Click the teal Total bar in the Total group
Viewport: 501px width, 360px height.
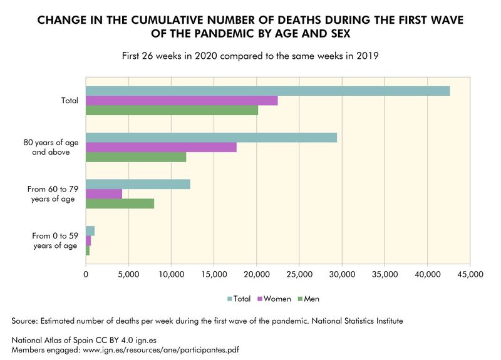267,91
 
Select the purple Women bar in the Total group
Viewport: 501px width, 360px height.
182,101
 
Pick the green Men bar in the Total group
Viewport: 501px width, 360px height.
172,110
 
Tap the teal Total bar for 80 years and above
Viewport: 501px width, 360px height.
211,138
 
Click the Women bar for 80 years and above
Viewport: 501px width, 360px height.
161,147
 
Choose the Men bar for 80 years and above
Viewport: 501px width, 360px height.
136,157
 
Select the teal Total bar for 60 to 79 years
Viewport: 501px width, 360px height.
138,184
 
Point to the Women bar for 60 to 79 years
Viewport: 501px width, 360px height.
104,194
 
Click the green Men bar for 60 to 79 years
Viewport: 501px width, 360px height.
120,203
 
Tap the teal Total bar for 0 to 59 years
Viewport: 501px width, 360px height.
90,231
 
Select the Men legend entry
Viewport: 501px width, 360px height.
310,299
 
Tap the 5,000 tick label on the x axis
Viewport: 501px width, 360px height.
128,274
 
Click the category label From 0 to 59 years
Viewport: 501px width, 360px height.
54,240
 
